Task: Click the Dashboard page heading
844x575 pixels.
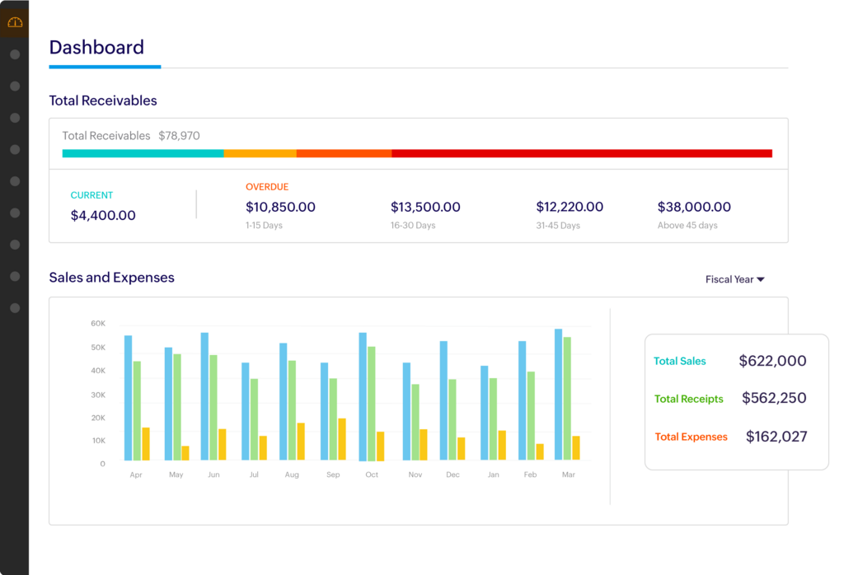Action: click(x=96, y=48)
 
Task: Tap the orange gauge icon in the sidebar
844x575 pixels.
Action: click(x=15, y=22)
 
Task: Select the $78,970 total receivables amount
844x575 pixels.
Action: click(x=179, y=136)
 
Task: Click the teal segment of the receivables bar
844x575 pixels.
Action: click(x=143, y=153)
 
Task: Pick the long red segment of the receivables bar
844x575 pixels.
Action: click(x=581, y=153)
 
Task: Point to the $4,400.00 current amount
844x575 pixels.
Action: click(x=103, y=216)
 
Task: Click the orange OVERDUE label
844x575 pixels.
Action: click(x=267, y=187)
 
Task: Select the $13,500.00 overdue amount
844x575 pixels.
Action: click(x=425, y=208)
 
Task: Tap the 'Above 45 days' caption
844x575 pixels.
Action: click(x=687, y=226)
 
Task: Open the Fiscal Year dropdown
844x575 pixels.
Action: click(x=734, y=280)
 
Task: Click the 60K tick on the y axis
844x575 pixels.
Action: click(x=98, y=324)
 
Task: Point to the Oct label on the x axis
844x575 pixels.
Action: click(x=372, y=475)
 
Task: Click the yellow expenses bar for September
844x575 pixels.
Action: click(x=342, y=439)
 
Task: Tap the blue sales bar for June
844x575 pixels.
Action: click(x=204, y=396)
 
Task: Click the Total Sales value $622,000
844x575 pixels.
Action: click(x=772, y=361)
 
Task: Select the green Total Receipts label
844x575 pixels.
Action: click(x=688, y=400)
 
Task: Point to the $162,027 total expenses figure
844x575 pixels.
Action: click(x=776, y=437)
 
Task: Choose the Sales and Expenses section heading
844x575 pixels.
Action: click(x=111, y=278)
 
